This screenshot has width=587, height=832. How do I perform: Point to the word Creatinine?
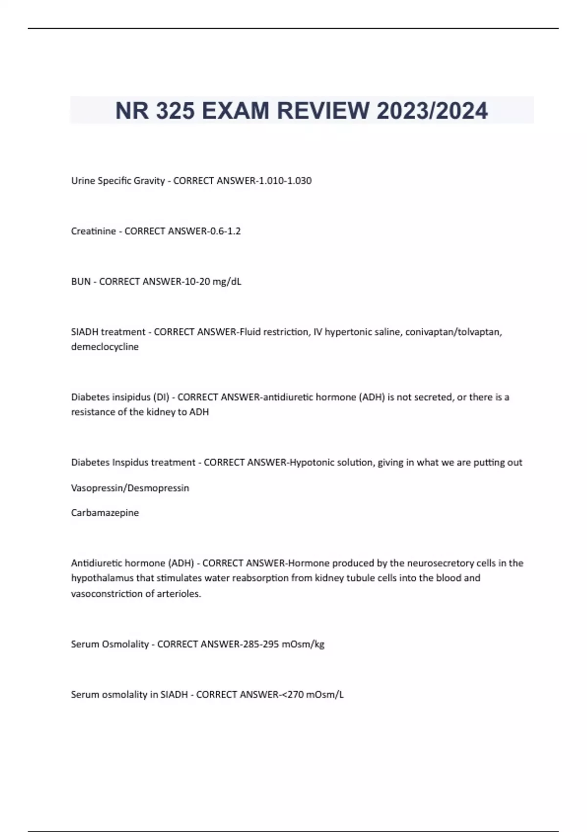coord(93,231)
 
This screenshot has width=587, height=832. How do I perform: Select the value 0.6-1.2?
coord(225,231)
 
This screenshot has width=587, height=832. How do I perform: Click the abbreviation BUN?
coord(81,281)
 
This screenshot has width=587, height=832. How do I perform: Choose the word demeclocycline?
coord(105,347)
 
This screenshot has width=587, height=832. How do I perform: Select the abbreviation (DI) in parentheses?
coord(161,397)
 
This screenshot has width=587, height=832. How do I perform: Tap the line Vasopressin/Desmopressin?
coord(130,488)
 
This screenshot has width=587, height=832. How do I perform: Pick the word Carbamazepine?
coord(105,513)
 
